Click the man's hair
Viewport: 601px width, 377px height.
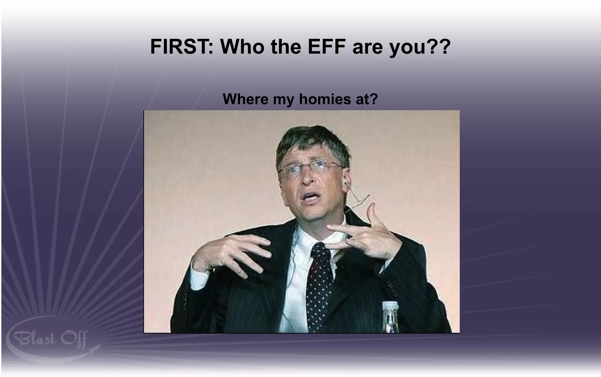pyautogui.click(x=311, y=141)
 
